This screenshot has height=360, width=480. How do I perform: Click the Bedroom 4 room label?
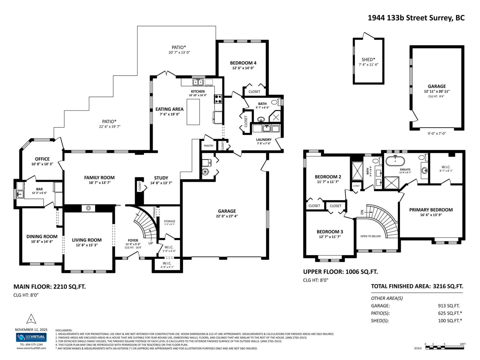click(243, 63)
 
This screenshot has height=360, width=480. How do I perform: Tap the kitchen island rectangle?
click(193, 112)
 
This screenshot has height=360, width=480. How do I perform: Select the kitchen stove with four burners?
click(218, 99)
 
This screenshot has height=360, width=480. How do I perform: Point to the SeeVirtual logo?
click(31, 337)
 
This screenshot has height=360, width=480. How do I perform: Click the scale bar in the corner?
click(445, 348)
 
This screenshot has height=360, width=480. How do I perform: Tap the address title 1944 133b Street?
click(416, 18)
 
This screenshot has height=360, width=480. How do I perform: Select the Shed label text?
click(368, 59)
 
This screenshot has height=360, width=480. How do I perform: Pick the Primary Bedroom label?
click(431, 210)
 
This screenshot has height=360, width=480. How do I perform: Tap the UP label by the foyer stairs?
click(151, 243)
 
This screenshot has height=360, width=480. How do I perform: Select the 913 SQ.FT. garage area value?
click(448, 306)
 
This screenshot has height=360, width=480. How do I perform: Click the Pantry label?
click(208, 146)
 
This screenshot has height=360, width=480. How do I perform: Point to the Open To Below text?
click(370, 236)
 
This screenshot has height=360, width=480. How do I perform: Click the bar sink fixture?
click(20, 194)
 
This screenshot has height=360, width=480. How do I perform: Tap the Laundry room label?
click(264, 139)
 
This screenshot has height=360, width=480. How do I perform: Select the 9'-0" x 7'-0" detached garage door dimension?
click(436, 133)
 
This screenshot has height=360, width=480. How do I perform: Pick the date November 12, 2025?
click(31, 329)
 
